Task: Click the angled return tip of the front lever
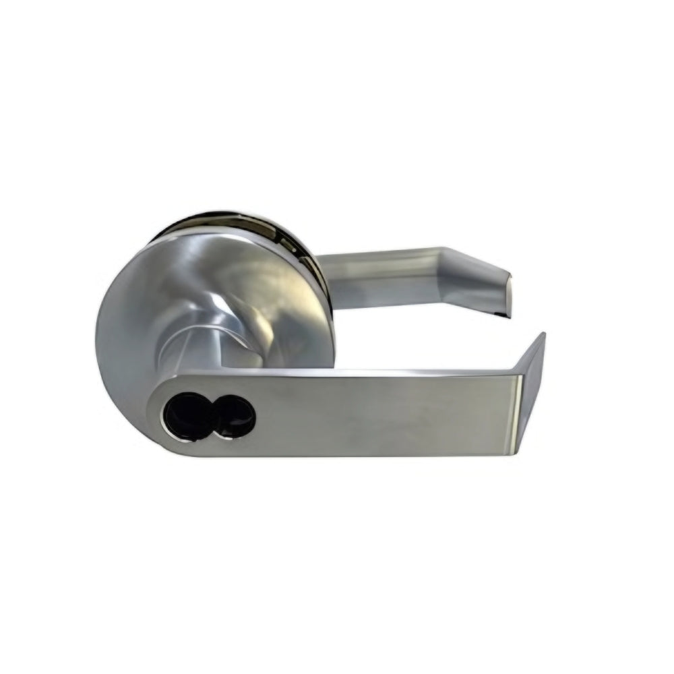click(532, 391)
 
